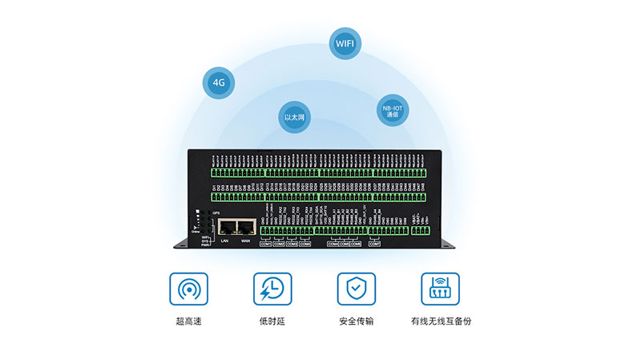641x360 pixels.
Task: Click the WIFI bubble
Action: pos(344,42)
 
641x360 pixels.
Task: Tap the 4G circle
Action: pos(217,83)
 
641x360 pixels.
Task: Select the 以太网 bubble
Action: pos(294,118)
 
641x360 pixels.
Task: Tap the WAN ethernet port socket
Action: pos(248,227)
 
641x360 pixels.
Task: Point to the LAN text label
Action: pos(226,241)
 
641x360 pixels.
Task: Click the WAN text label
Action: pos(247,241)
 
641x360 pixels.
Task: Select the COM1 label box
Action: pos(266,244)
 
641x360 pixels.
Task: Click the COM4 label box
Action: pos(304,244)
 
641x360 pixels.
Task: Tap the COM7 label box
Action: pos(374,244)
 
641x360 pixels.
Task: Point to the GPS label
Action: pos(216,212)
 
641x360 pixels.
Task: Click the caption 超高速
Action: pos(188,322)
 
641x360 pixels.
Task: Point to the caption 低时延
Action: pos(272,322)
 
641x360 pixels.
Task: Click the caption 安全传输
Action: pos(356,322)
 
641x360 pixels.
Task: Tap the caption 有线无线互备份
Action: pos(441,322)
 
